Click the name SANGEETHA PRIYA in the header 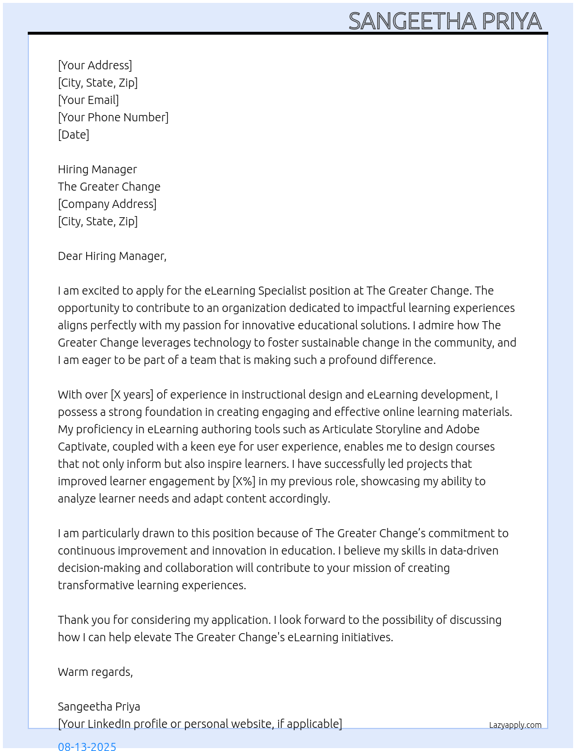point(445,21)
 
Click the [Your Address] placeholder point(95,65)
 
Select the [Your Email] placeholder point(88,100)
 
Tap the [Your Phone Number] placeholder point(113,117)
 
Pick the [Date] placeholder point(73,135)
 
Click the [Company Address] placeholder point(107,204)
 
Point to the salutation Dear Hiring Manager point(112,256)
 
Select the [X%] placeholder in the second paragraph point(243,481)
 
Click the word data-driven point(469,551)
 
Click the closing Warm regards point(95,672)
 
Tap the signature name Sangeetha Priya point(99,707)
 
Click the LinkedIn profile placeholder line point(200,724)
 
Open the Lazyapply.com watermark point(515,725)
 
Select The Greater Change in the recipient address point(109,187)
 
